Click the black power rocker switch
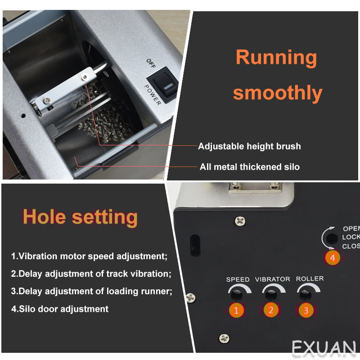162,84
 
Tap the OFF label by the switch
151,63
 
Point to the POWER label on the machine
153,94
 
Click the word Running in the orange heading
276,58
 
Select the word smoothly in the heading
278,93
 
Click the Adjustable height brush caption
249,146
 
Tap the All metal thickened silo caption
250,166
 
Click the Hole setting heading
80,217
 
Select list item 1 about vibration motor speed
89,256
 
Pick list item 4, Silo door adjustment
60,309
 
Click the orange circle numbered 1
236,310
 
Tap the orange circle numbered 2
271,310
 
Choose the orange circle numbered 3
306,310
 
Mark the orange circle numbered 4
333,258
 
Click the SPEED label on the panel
238,279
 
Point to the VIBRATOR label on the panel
273,279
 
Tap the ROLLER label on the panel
310,279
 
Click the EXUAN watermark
324,347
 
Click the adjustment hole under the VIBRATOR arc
271,294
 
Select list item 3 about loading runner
92,291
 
